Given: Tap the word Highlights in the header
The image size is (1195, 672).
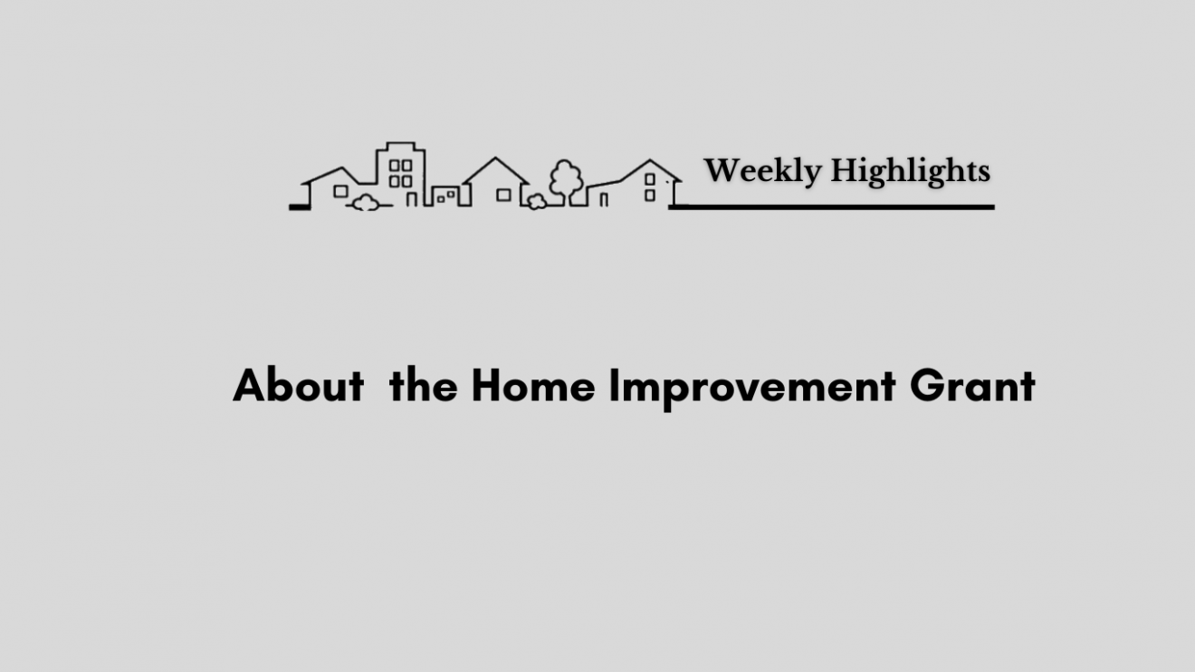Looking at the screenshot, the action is pyautogui.click(x=910, y=171).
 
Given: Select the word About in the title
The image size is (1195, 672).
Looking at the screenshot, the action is pyautogui.click(x=298, y=385).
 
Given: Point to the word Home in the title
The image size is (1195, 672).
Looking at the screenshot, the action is pyautogui.click(x=533, y=385).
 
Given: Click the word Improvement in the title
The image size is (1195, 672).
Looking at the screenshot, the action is pyautogui.click(x=752, y=389).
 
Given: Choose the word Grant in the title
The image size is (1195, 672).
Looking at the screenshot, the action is pyautogui.click(x=972, y=385).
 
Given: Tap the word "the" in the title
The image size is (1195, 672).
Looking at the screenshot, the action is pyautogui.click(x=423, y=385).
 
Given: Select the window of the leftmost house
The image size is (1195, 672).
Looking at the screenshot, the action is pyautogui.click(x=340, y=191).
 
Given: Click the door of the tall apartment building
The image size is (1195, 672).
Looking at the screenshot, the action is pyautogui.click(x=411, y=199).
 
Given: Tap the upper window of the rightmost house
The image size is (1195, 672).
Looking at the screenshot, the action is pyautogui.click(x=650, y=179).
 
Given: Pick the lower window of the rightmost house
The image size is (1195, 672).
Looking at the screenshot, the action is pyautogui.click(x=650, y=196).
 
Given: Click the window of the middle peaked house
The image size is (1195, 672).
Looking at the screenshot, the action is pyautogui.click(x=503, y=195).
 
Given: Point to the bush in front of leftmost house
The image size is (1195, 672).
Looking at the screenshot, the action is pyautogui.click(x=366, y=203).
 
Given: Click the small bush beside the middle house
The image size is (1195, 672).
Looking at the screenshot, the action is pyautogui.click(x=537, y=202).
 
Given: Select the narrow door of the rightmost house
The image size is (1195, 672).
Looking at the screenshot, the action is pyautogui.click(x=603, y=199).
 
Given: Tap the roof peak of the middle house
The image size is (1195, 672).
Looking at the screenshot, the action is pyautogui.click(x=495, y=158).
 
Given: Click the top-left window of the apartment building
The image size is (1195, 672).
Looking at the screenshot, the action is pyautogui.click(x=394, y=166).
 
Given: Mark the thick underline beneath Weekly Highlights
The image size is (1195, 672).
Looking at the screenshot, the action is pyautogui.click(x=831, y=207).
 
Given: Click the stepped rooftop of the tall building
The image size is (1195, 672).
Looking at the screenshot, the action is pyautogui.click(x=401, y=147).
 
